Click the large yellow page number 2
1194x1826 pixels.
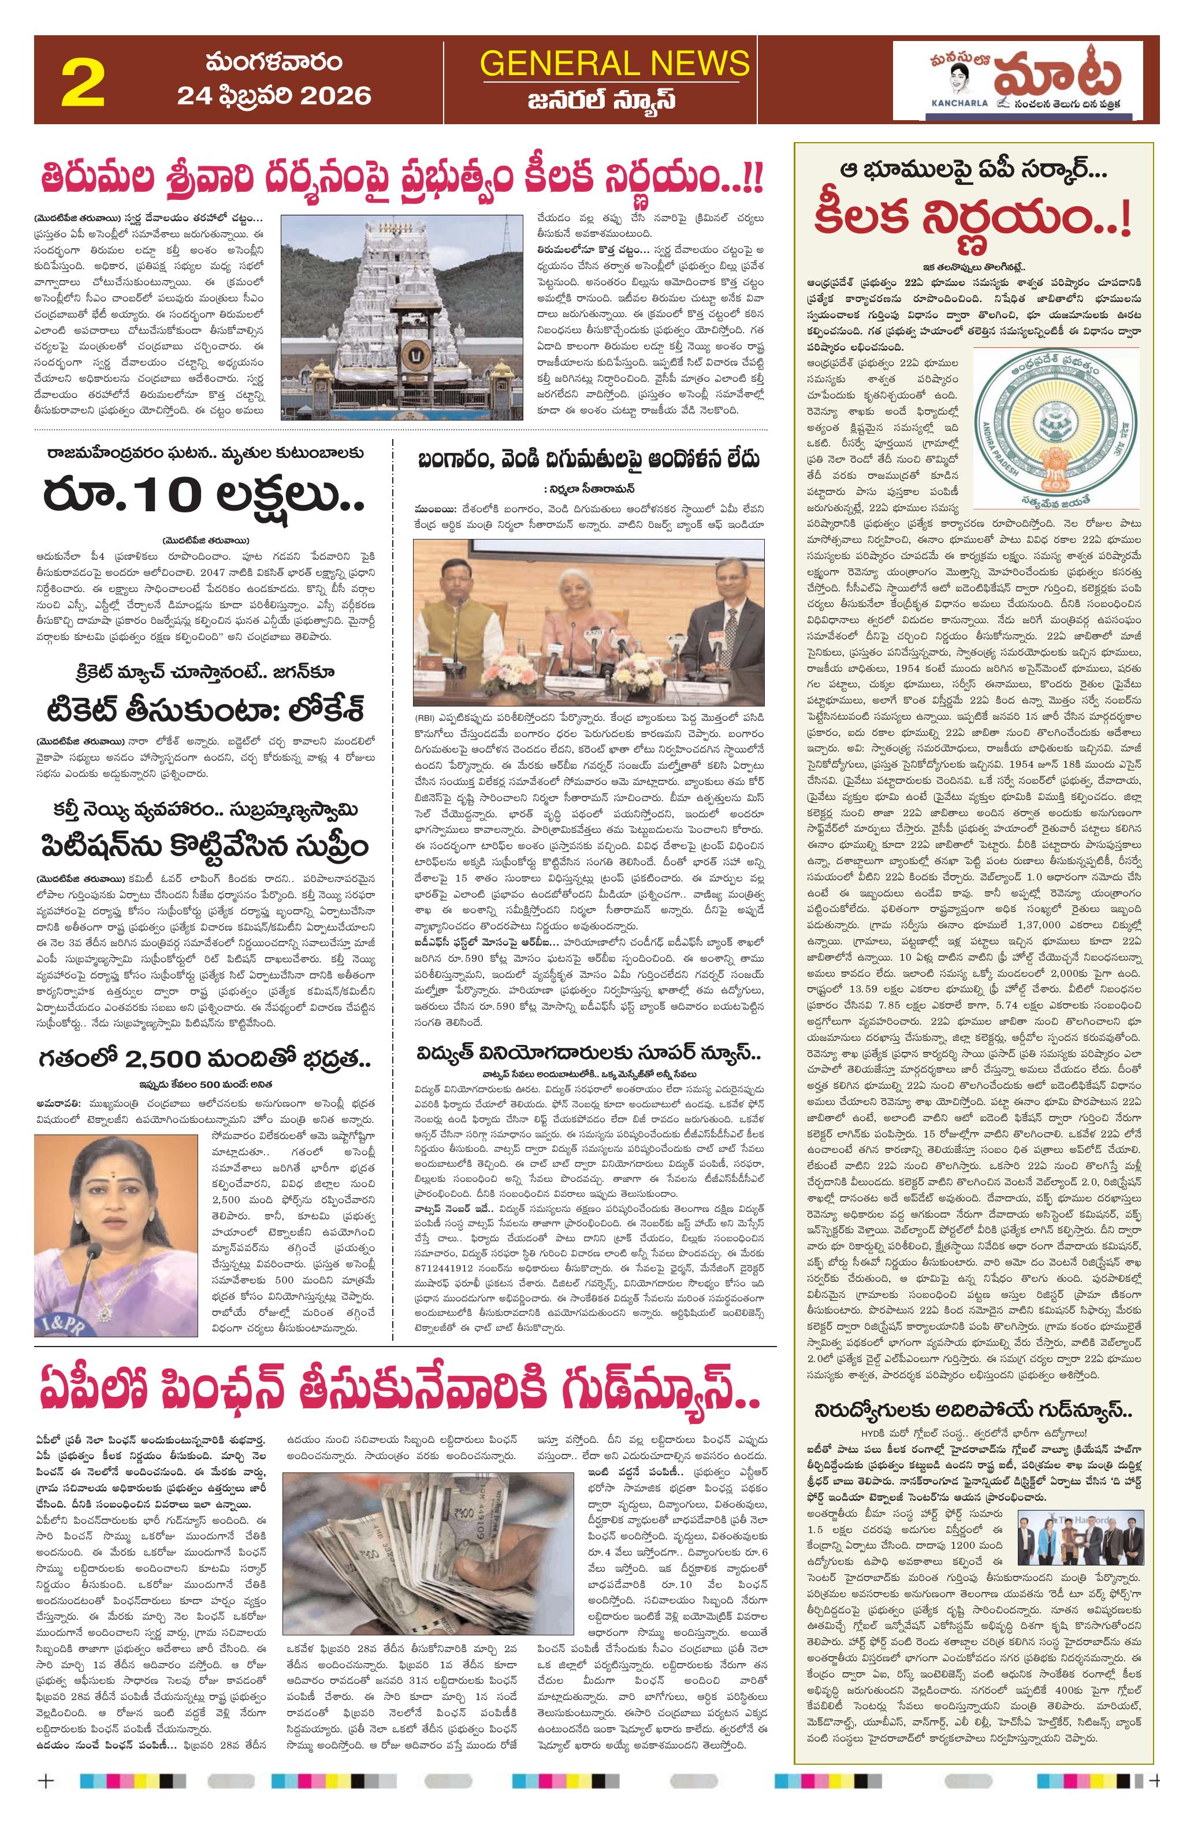tap(83, 83)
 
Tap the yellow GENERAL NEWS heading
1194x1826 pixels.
tap(614, 63)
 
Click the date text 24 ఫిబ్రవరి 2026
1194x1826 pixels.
tap(274, 95)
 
